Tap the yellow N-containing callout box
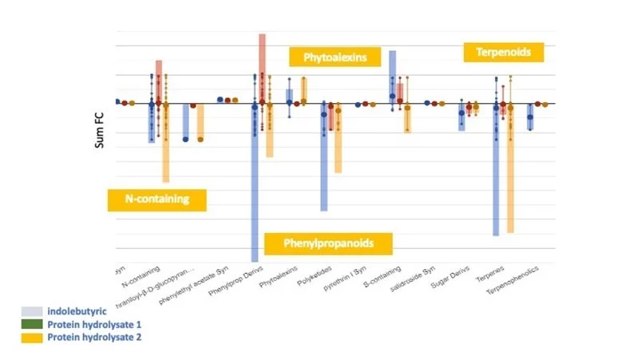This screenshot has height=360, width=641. click(156, 200)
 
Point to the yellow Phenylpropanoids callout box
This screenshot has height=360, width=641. click(329, 242)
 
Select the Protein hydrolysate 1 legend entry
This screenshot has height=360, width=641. click(83, 325)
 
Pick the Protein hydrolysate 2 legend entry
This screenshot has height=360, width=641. click(83, 338)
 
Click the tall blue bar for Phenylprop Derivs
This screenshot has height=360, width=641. click(255, 192)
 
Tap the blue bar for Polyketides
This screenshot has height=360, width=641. click(324, 160)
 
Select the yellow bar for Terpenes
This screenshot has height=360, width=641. click(510, 172)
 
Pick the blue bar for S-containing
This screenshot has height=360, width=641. click(392, 76)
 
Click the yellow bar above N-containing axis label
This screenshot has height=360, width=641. click(166, 144)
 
